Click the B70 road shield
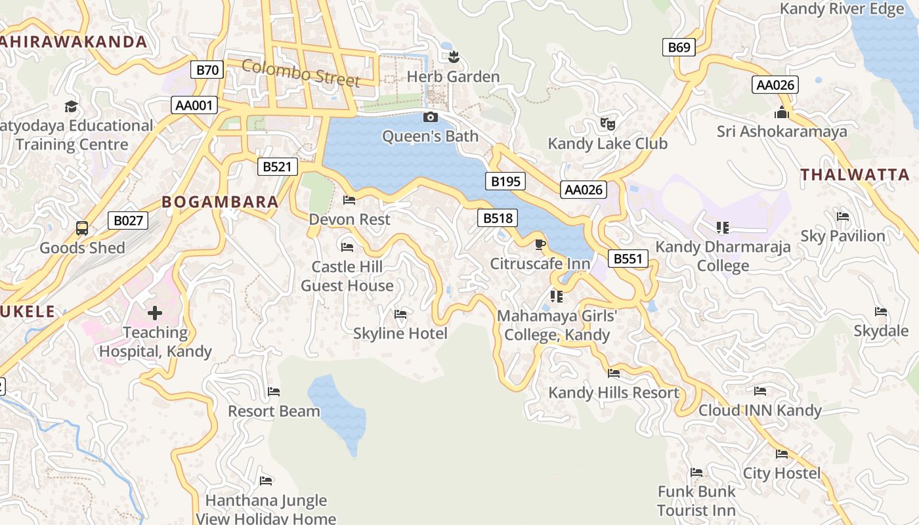[207, 70]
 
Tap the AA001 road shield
[195, 105]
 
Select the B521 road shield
[276, 167]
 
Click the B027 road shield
[128, 220]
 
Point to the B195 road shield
[505, 181]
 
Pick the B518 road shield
[498, 218]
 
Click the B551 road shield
[628, 259]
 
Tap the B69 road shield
[679, 47]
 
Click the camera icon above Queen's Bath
[431, 117]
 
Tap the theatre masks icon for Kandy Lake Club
[607, 123]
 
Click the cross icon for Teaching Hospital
[155, 313]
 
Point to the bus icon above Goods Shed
[82, 228]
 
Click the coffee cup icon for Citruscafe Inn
[540, 245]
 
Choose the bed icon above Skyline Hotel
[400, 314]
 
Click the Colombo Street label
[301, 72]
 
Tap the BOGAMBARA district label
[221, 202]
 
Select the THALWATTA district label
[855, 175]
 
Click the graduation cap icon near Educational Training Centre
[71, 106]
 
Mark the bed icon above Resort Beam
[274, 392]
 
